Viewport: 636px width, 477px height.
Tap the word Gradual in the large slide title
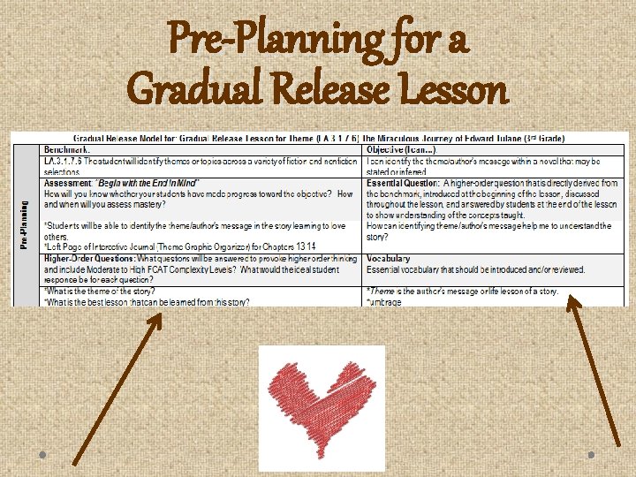tap(199, 89)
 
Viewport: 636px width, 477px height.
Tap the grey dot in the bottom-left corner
tap(43, 454)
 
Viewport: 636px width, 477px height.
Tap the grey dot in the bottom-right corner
tap(591, 454)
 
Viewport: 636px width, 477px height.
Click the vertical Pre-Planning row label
tap(25, 224)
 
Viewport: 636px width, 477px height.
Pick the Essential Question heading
tap(404, 184)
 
